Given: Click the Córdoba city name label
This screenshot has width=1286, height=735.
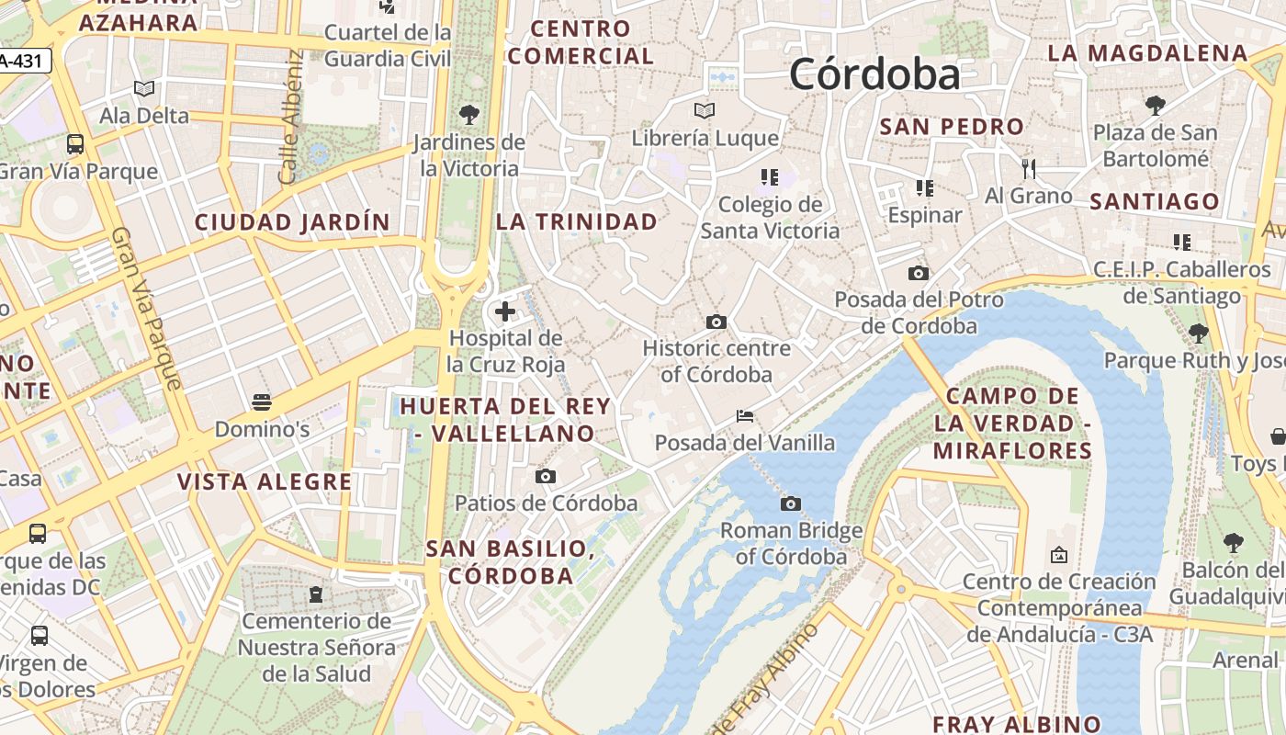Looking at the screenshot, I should (x=874, y=73).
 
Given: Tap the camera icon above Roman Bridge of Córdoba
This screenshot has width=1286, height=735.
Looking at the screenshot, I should (x=790, y=503).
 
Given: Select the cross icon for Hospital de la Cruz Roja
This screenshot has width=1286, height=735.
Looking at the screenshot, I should (x=504, y=311).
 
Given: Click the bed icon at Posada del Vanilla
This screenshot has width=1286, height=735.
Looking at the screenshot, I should (x=745, y=416).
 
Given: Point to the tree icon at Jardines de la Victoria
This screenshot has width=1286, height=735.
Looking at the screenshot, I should (x=469, y=115).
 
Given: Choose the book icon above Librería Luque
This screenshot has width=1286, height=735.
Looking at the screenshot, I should (x=705, y=111).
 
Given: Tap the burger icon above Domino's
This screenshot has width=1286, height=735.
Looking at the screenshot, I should (x=262, y=401).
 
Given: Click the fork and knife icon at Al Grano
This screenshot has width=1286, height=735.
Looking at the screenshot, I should (x=1029, y=168).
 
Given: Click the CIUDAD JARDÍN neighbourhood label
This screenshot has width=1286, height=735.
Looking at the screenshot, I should (x=292, y=221).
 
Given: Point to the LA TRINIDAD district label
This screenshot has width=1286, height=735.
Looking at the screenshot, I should (x=577, y=221).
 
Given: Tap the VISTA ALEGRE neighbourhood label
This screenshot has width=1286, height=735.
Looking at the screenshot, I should (x=265, y=481).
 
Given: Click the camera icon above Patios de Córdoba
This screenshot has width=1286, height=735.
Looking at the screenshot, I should (x=546, y=476).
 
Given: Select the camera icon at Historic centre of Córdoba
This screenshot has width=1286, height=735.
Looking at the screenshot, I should (x=716, y=322).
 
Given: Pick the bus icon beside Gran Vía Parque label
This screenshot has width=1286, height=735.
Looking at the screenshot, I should (x=75, y=144).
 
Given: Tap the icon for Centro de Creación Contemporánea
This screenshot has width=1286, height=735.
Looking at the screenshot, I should (x=1058, y=555).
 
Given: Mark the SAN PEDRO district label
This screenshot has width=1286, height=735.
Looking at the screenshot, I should (x=952, y=127).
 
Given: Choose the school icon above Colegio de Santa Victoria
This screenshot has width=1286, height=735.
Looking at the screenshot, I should (x=769, y=176).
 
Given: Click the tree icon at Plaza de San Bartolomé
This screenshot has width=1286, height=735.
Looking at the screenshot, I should (x=1155, y=106).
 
